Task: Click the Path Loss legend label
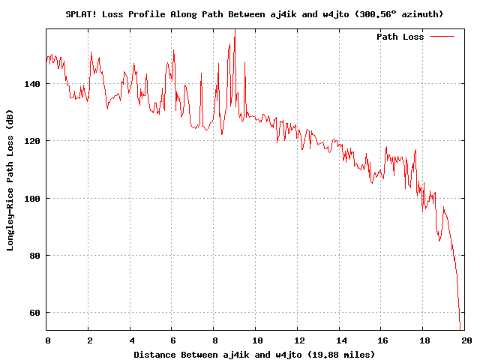400,37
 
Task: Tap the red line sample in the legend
442,37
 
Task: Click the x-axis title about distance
254,354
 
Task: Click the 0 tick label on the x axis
47,340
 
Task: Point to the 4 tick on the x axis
130,340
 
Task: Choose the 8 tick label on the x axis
214,340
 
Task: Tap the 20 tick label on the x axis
465,340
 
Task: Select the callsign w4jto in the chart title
346,14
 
